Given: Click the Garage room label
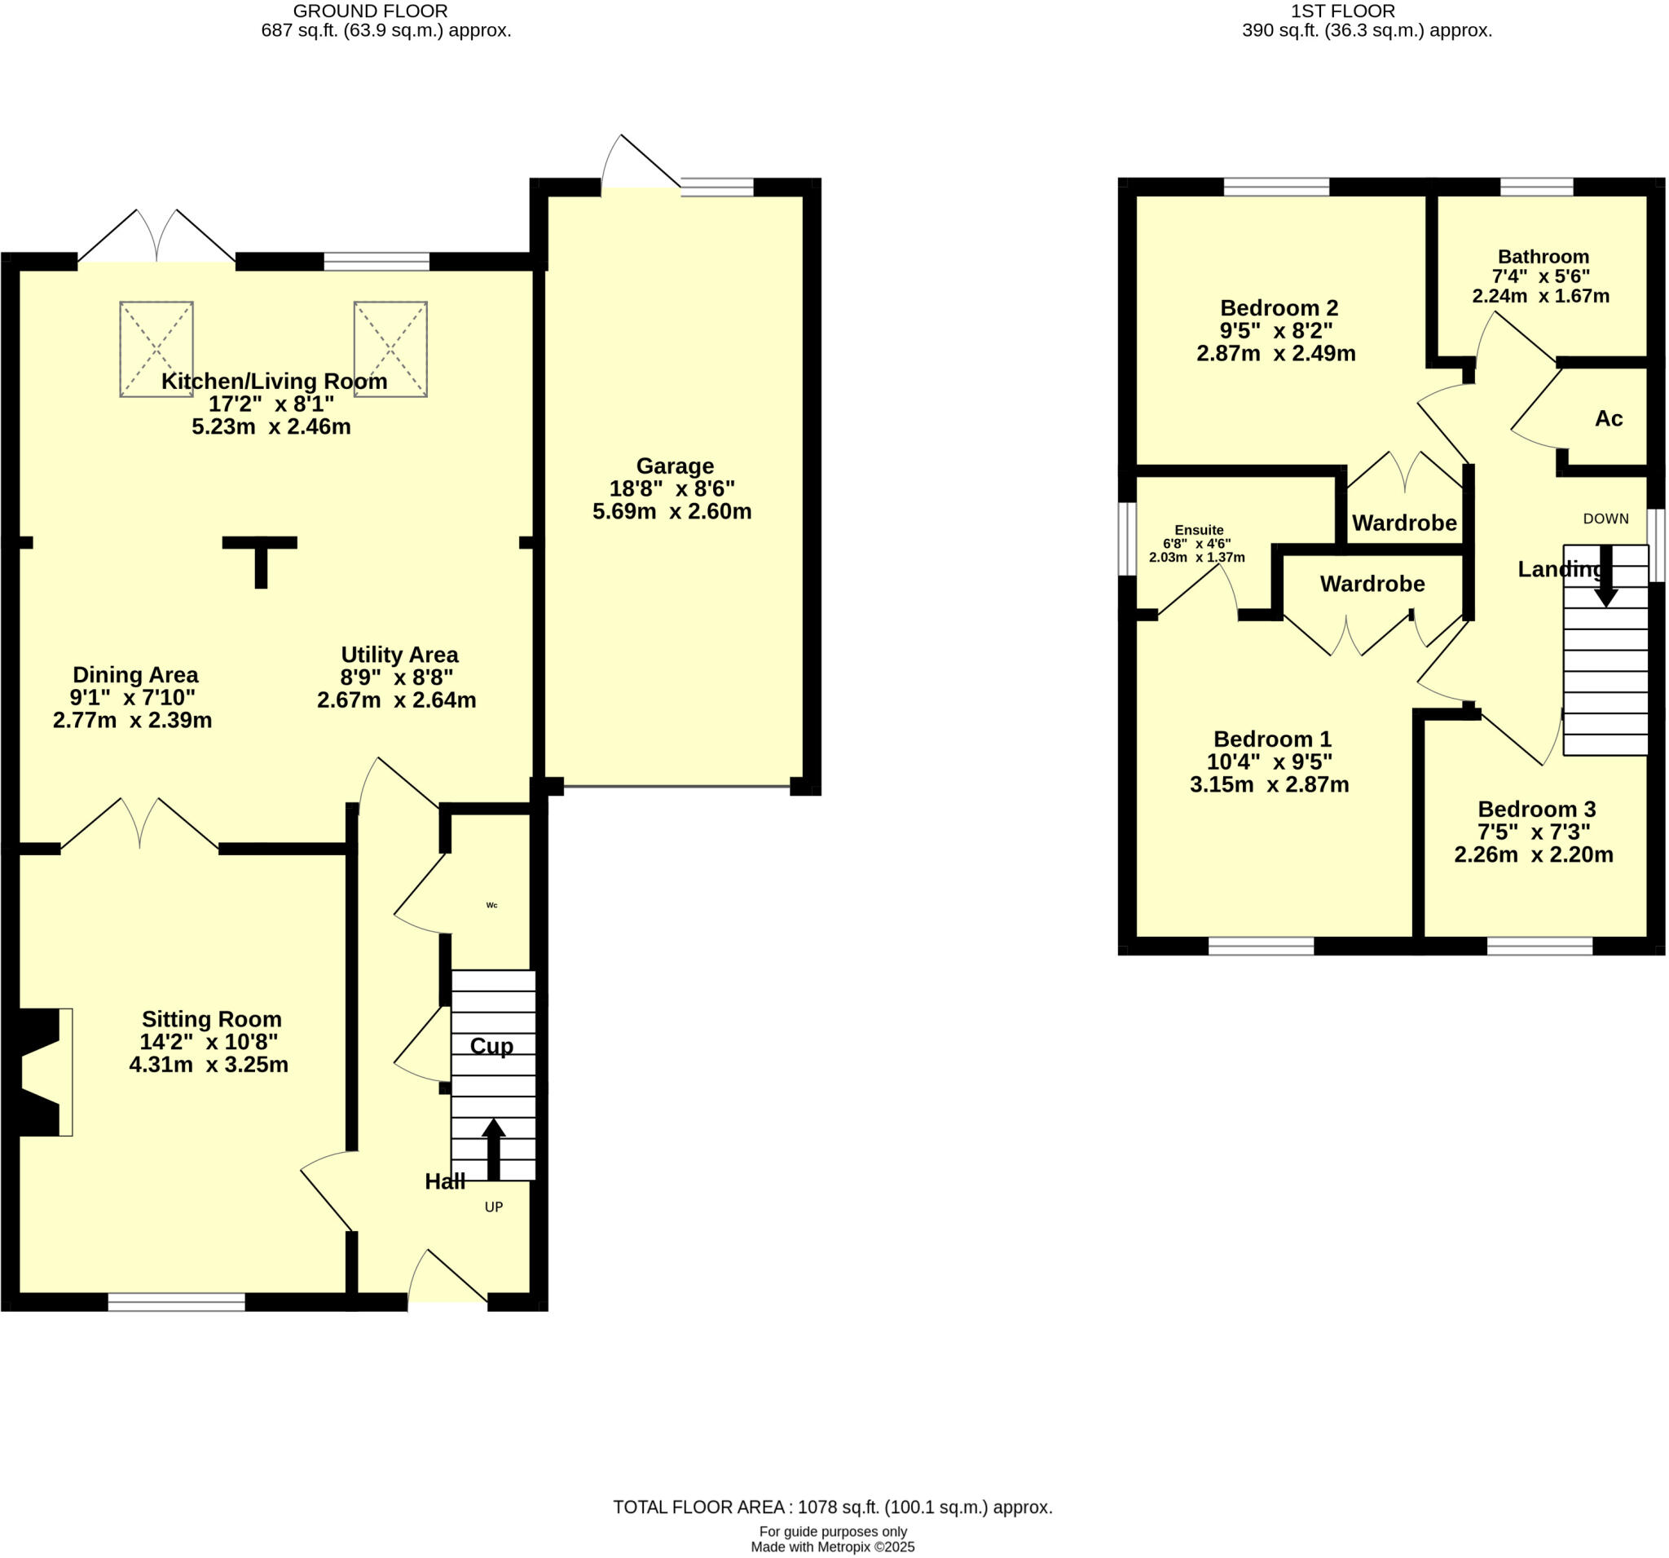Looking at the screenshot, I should [x=674, y=466].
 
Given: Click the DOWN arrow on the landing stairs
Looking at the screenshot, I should [x=1605, y=576].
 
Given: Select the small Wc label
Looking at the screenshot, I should [x=492, y=905].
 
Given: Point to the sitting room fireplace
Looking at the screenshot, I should [x=42, y=1072].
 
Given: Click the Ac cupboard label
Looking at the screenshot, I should [x=1609, y=418].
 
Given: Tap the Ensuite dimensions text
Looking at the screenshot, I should [x=1196, y=551].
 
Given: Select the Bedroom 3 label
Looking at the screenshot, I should [x=1535, y=809].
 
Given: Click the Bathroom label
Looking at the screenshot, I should [x=1542, y=257].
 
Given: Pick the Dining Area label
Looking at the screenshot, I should [x=135, y=674].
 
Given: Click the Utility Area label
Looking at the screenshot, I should [x=399, y=655].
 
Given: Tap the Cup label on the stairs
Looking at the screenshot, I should [x=491, y=1046].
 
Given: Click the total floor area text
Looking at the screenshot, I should [x=832, y=1507].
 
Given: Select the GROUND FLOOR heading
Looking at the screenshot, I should [x=370, y=11].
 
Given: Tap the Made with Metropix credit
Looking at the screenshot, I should [x=832, y=1547].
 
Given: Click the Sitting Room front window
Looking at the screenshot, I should [x=176, y=1302].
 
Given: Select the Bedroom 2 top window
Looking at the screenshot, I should [x=1275, y=187].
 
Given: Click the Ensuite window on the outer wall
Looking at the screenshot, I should [x=1127, y=538].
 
